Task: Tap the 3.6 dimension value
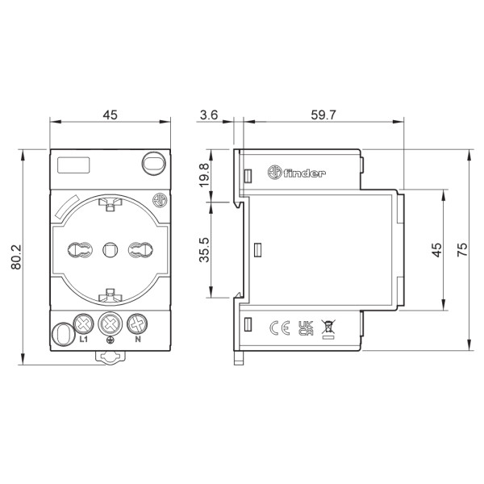(x=209, y=115)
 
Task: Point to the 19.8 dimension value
(x=204, y=174)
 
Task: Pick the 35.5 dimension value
(x=204, y=250)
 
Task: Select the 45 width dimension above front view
(x=110, y=115)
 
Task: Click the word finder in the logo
(x=307, y=173)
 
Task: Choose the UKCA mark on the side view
(x=305, y=328)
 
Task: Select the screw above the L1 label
(x=82, y=324)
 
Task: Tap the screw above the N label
(x=137, y=324)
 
